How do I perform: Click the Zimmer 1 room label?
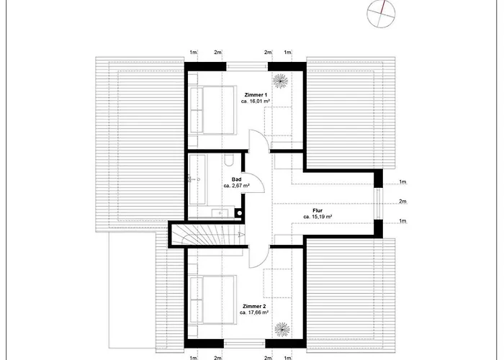click(256, 94)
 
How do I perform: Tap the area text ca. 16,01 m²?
click(256, 102)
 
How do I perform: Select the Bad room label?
click(236, 179)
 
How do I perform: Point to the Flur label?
click(317, 210)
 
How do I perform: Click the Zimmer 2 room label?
click(256, 305)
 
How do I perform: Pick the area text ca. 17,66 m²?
click(256, 313)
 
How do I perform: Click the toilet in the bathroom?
click(229, 161)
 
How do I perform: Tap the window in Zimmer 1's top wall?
click(246, 66)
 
